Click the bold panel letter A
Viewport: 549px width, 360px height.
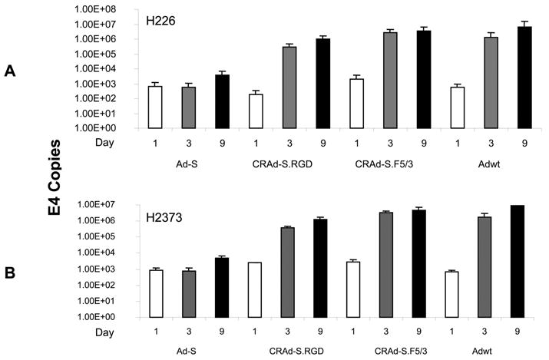point(10,70)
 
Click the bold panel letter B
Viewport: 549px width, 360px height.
point(10,274)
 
